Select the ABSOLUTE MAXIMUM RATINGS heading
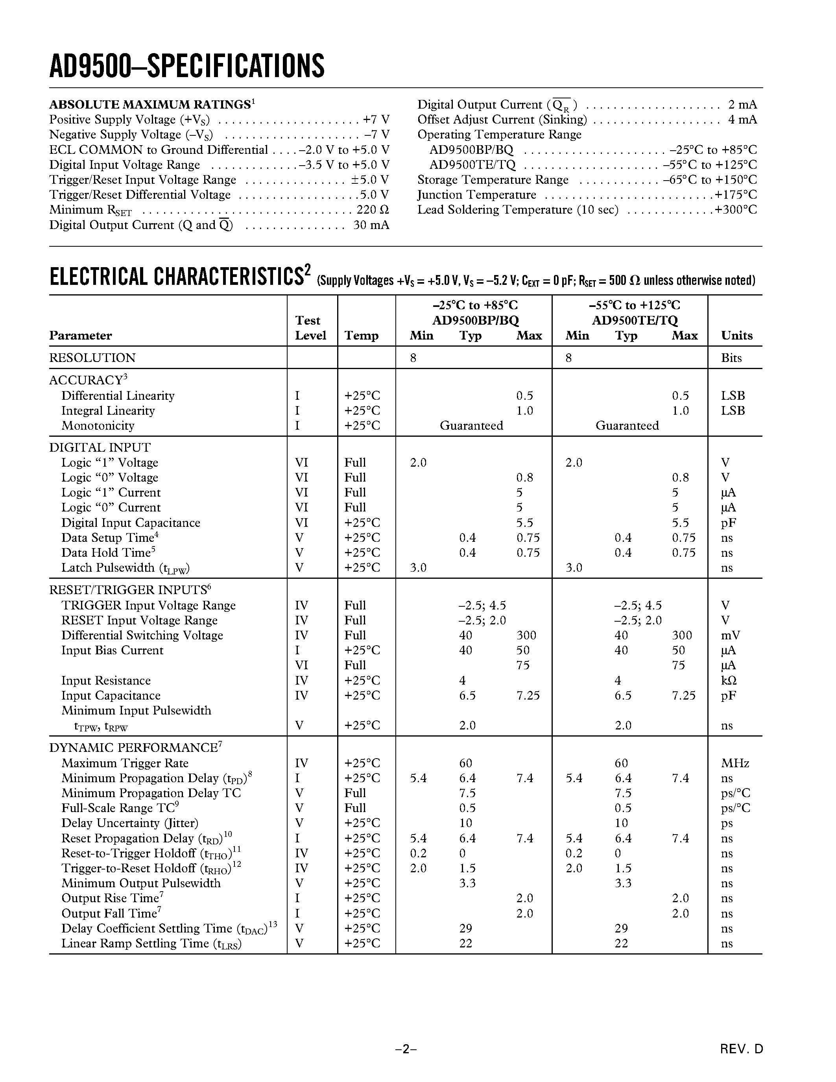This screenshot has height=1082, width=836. click(149, 105)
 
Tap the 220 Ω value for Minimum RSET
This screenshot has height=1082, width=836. click(373, 210)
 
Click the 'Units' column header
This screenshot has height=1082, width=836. click(736, 335)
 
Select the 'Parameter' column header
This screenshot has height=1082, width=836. click(80, 335)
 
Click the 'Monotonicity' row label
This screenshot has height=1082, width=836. click(98, 426)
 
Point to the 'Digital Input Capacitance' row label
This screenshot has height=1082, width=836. click(130, 523)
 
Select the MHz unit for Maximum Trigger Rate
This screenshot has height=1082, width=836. click(735, 763)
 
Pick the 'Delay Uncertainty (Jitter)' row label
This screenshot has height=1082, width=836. click(129, 823)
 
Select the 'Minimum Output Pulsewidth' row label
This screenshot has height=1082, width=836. click(141, 883)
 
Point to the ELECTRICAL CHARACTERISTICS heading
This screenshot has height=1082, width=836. click(176, 277)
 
